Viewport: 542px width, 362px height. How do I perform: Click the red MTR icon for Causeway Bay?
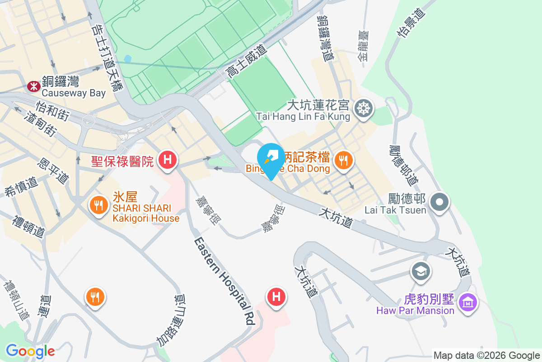(x=33, y=86)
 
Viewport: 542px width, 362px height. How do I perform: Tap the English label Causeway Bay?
(x=74, y=93)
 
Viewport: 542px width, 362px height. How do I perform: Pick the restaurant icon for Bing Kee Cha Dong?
(x=344, y=160)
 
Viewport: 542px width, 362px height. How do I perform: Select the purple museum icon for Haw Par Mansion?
(x=467, y=301)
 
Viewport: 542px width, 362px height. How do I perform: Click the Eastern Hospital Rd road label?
(x=224, y=281)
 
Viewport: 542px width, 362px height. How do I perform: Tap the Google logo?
(x=30, y=351)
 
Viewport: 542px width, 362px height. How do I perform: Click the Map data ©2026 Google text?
(x=486, y=355)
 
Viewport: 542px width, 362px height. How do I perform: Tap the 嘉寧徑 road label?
(x=209, y=211)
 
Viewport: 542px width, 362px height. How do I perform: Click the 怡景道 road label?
(x=411, y=22)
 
